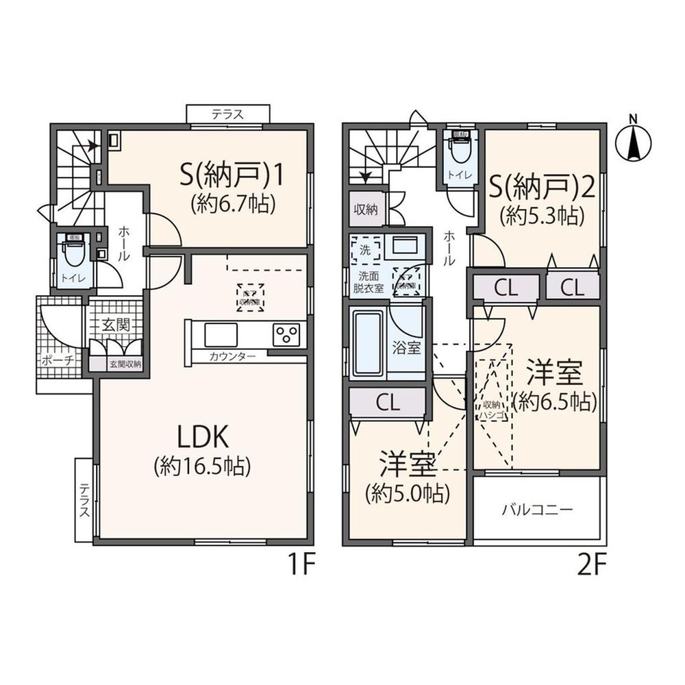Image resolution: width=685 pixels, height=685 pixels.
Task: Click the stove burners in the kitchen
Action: pyautogui.click(x=286, y=335)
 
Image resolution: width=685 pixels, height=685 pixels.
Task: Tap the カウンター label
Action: pyautogui.click(x=233, y=356)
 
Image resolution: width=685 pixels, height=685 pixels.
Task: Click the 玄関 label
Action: pyautogui.click(x=116, y=325)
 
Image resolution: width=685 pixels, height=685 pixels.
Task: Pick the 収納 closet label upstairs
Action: pyautogui.click(x=366, y=210)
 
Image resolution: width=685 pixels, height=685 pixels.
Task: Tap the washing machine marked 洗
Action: pyautogui.click(x=365, y=251)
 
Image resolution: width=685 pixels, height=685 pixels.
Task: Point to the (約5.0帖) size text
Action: pyautogui.click(x=408, y=493)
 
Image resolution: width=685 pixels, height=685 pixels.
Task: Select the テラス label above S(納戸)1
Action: pyautogui.click(x=227, y=114)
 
